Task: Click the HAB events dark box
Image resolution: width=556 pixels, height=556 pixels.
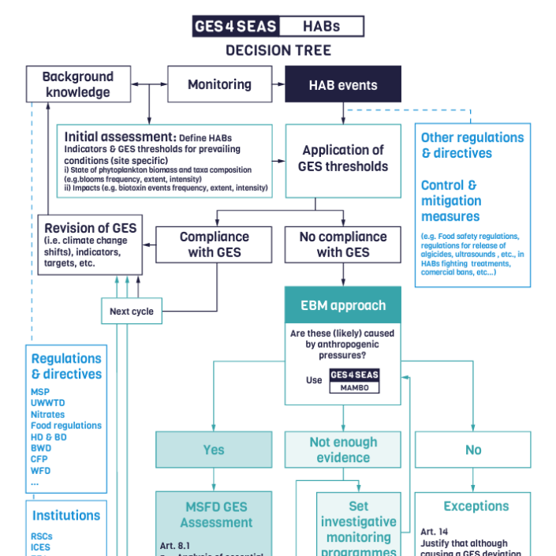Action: pos(342,84)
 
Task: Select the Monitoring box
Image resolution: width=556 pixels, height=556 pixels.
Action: pos(219,84)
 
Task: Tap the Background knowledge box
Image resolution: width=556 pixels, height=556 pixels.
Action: pos(77,84)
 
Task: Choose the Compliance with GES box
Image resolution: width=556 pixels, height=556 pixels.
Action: pos(214,244)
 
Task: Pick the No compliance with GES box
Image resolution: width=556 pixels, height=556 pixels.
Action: pos(342,244)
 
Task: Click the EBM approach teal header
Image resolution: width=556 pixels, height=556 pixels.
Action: pos(342,305)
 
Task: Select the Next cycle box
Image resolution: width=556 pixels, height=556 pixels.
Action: pos(132,312)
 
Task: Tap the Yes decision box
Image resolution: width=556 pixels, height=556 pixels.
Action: pos(214,450)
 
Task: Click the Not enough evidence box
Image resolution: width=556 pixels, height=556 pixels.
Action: pos(342,450)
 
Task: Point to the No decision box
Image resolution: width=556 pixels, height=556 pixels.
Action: pos(472,450)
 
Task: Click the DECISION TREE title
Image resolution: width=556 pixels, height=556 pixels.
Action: pos(278,50)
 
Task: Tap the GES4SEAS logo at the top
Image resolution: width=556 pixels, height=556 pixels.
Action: pos(236,27)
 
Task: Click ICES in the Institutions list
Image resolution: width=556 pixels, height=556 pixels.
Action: pos(41,547)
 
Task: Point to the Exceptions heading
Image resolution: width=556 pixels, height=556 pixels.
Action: pos(476,506)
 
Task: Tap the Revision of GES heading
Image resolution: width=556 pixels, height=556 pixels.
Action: pos(90,228)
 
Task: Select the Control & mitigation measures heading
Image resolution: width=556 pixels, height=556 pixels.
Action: pos(451,201)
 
